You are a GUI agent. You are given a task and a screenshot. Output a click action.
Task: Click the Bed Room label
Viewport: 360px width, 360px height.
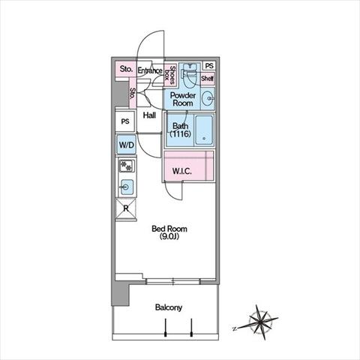click(169, 232)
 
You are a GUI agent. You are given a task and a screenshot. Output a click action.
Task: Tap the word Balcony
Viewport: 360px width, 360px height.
click(169, 307)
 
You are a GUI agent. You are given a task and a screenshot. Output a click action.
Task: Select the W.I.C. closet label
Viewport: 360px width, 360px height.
click(181, 171)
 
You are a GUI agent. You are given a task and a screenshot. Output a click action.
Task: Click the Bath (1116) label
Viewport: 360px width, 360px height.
click(181, 130)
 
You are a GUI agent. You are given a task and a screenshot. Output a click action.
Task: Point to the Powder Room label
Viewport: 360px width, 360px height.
click(183, 99)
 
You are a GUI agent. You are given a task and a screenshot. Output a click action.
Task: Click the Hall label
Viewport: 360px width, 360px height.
click(149, 115)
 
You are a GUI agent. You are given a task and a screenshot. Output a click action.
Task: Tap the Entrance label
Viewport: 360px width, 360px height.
click(150, 70)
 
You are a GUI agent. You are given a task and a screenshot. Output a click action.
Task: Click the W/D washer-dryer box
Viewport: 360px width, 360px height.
click(127, 145)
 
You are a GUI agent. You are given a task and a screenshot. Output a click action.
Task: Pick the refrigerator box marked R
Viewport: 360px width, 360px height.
click(126, 208)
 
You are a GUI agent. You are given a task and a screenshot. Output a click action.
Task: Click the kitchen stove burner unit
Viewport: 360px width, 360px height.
click(127, 166)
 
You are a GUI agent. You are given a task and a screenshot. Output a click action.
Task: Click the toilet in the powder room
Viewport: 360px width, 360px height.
click(191, 75)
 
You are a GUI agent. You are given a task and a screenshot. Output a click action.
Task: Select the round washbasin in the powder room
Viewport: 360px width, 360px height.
click(207, 98)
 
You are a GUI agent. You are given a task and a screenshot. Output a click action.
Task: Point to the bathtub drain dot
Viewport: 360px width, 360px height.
click(204, 138)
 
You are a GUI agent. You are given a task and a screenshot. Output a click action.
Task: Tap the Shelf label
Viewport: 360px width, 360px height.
click(207, 78)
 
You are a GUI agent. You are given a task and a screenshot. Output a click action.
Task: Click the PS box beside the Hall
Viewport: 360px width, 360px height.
click(125, 121)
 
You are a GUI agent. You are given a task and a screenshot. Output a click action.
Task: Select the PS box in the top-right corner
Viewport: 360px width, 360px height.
click(209, 66)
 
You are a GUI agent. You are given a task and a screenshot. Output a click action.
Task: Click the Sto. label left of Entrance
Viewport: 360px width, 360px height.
click(126, 69)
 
